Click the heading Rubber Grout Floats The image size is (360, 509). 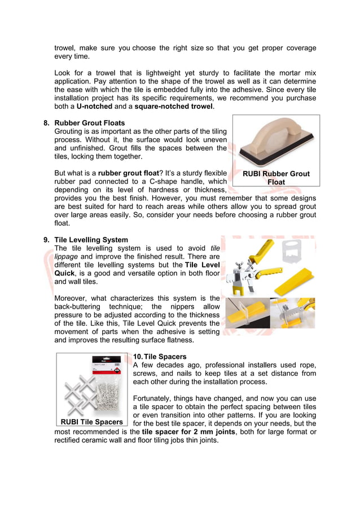point(89,122)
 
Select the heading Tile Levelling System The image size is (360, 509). point(91,240)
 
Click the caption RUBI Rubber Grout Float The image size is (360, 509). point(276,178)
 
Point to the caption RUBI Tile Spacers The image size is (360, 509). point(91,422)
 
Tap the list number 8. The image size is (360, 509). point(46,122)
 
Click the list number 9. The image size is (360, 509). point(46,240)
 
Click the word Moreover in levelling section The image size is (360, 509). point(73,298)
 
